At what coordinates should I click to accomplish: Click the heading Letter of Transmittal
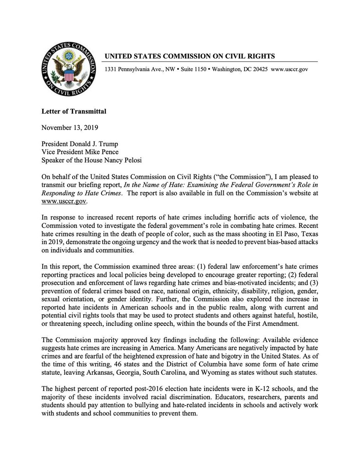coord(74,112)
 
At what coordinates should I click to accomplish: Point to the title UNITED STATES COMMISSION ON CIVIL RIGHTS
coord(189,56)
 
